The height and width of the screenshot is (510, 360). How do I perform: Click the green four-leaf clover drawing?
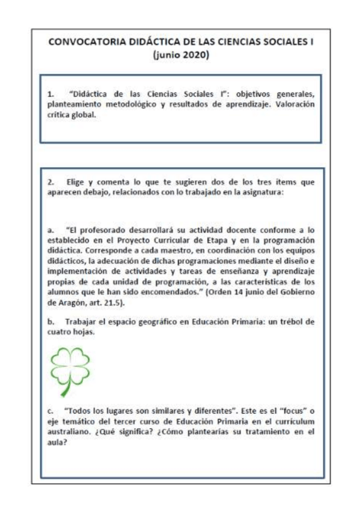click(x=67, y=369)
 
